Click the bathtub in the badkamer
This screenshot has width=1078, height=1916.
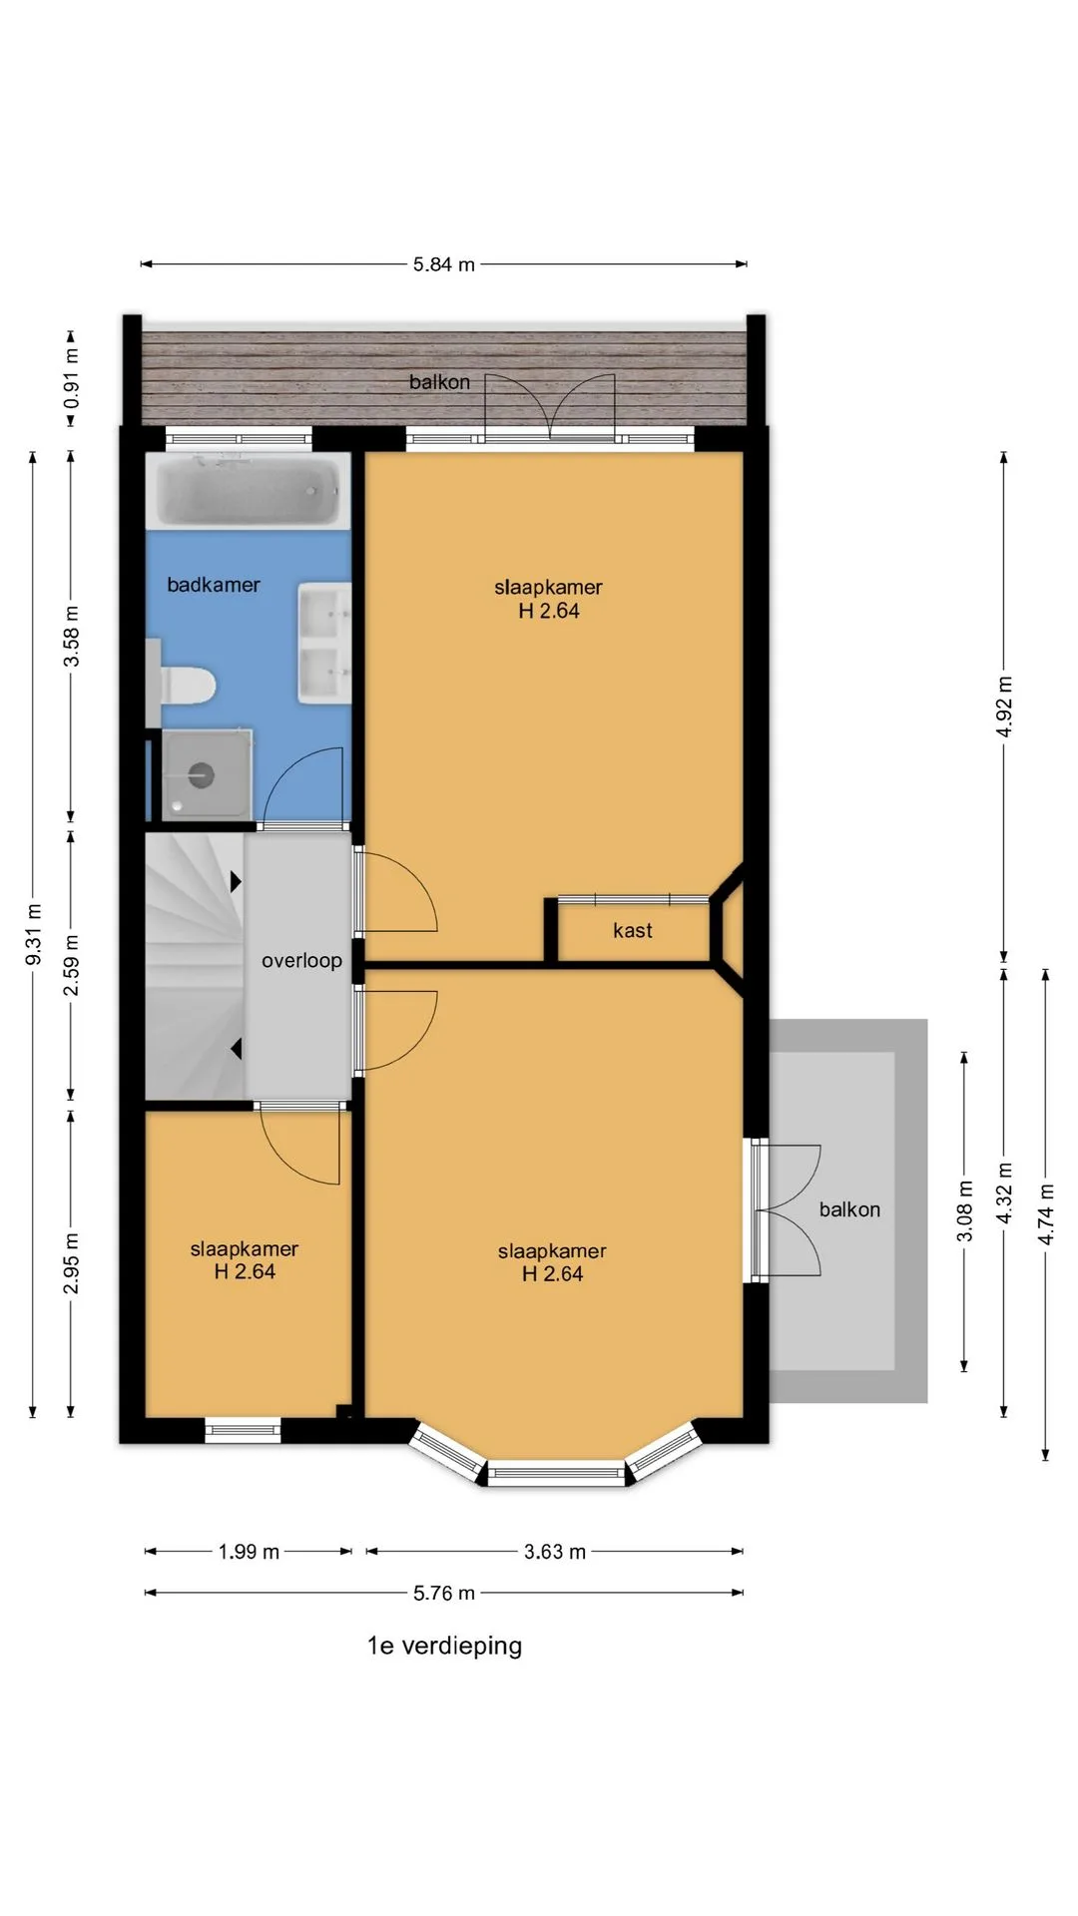[x=249, y=491]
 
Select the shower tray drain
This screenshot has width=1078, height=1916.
[x=202, y=774]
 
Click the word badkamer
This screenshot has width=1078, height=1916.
[x=214, y=585]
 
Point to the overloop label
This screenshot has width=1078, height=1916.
[x=301, y=960]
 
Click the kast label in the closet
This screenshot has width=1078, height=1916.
[x=633, y=930]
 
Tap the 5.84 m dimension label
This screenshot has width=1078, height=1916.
[x=444, y=264]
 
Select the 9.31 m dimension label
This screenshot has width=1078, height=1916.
[x=34, y=934]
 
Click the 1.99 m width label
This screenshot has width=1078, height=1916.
[x=250, y=1552]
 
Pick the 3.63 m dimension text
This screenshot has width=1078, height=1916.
[x=555, y=1552]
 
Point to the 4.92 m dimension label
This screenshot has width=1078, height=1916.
[x=1004, y=707]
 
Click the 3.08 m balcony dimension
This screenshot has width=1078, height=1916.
[x=965, y=1211]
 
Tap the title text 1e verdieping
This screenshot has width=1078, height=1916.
[x=444, y=1646]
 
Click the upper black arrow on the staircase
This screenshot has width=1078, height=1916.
[x=237, y=881]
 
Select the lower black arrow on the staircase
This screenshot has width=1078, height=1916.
[x=237, y=1049]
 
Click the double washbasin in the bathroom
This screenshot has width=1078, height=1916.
[x=324, y=644]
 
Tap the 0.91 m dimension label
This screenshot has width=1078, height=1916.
[x=72, y=378]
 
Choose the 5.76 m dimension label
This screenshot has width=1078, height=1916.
[x=444, y=1593]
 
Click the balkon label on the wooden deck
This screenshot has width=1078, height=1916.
[x=439, y=382]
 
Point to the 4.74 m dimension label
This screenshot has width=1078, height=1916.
[x=1046, y=1214]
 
